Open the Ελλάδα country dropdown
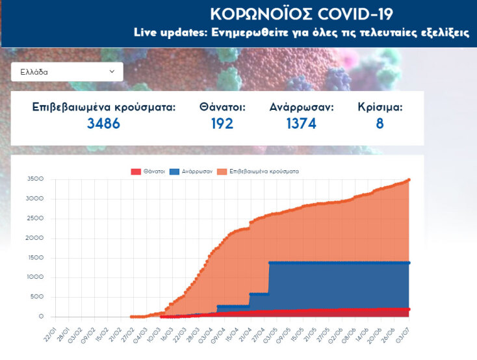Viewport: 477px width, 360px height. tap(67, 71)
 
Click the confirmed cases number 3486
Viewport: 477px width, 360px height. tap(104, 123)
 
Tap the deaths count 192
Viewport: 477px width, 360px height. tap(222, 123)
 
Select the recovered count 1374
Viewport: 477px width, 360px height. tap(302, 123)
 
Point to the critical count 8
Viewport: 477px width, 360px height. tap(380, 123)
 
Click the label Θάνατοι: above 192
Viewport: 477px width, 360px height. tap(222, 107)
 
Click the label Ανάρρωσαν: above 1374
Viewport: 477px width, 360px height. tap(302, 107)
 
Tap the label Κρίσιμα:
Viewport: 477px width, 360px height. tap(380, 107)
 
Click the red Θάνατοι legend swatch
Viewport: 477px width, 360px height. tap(136, 172)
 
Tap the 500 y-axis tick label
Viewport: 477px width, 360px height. tap(36, 297)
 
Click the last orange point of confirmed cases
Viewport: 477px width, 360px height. tap(409, 180)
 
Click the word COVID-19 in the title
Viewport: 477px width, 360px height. tap(351, 14)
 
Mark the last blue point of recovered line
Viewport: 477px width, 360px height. tap(409, 263)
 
